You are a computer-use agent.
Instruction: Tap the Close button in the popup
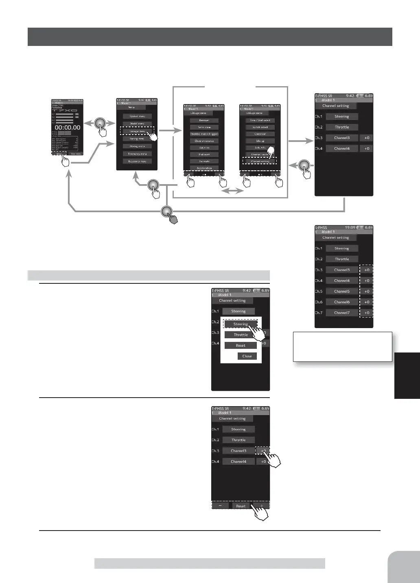(x=247, y=356)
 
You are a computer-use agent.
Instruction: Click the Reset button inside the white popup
(x=241, y=346)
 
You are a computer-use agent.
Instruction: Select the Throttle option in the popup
(x=241, y=335)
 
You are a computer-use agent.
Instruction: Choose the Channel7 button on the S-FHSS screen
(x=342, y=313)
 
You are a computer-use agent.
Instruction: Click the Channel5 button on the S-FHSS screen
(x=342, y=291)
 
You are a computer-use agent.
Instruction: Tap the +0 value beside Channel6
(x=367, y=302)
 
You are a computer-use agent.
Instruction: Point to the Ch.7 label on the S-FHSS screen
(x=319, y=313)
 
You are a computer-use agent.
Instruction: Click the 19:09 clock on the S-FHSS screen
(x=350, y=228)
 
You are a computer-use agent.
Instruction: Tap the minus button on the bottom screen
(x=220, y=506)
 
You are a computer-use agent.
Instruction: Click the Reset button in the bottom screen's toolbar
(x=241, y=506)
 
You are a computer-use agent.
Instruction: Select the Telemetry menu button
(x=137, y=154)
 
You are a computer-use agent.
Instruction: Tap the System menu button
(x=137, y=116)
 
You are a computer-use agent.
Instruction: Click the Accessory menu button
(x=137, y=161)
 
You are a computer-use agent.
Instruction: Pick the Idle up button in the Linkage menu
(x=260, y=141)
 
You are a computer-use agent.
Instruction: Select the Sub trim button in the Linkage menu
(x=204, y=148)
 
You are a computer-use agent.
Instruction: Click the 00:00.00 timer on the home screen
(x=67, y=127)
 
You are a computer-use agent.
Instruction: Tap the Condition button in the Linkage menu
(x=260, y=134)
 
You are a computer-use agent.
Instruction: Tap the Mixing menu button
(x=137, y=146)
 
